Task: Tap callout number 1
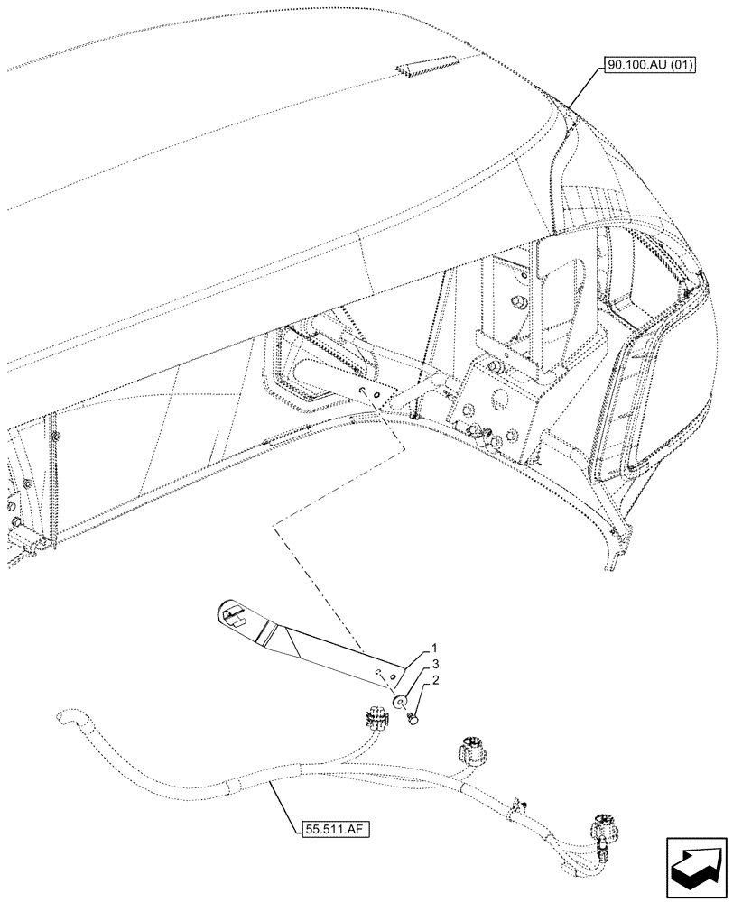(x=434, y=648)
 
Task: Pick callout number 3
(x=434, y=664)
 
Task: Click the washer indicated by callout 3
(x=398, y=700)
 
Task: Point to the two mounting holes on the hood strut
(x=369, y=393)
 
